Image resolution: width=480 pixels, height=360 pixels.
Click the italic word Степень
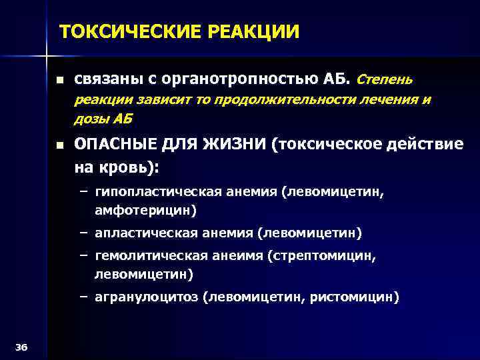point(386,80)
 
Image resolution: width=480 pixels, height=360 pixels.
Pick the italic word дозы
point(91,120)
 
